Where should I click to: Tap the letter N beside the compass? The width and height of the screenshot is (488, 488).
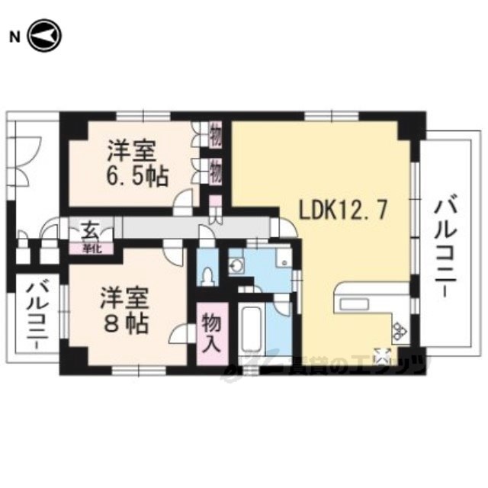14,37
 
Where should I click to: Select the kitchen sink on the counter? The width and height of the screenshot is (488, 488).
355,303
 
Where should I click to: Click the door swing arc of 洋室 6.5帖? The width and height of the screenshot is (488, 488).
183,201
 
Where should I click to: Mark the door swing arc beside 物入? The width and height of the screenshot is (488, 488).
181,335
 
